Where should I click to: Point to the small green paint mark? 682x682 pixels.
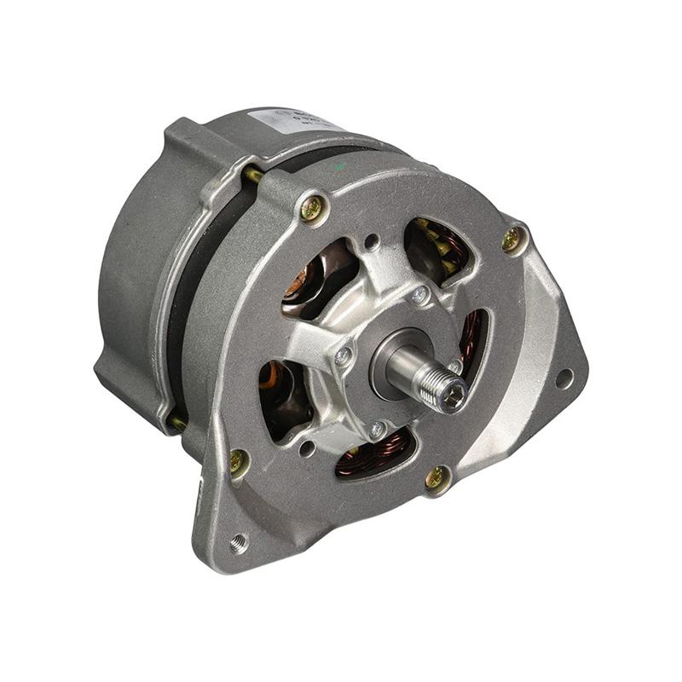pos(341,167)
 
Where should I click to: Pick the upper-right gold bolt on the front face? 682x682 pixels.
pos(511,240)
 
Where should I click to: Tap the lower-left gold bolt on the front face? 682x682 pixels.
pos(239,462)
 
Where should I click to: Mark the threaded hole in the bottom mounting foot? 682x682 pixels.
pos(238,541)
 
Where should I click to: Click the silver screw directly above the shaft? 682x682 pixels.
pos(419,295)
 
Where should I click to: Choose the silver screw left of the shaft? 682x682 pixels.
pos(343,357)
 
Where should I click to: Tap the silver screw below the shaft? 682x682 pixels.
pos(376,429)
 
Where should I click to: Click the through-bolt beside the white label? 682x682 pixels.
pos(253,175)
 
